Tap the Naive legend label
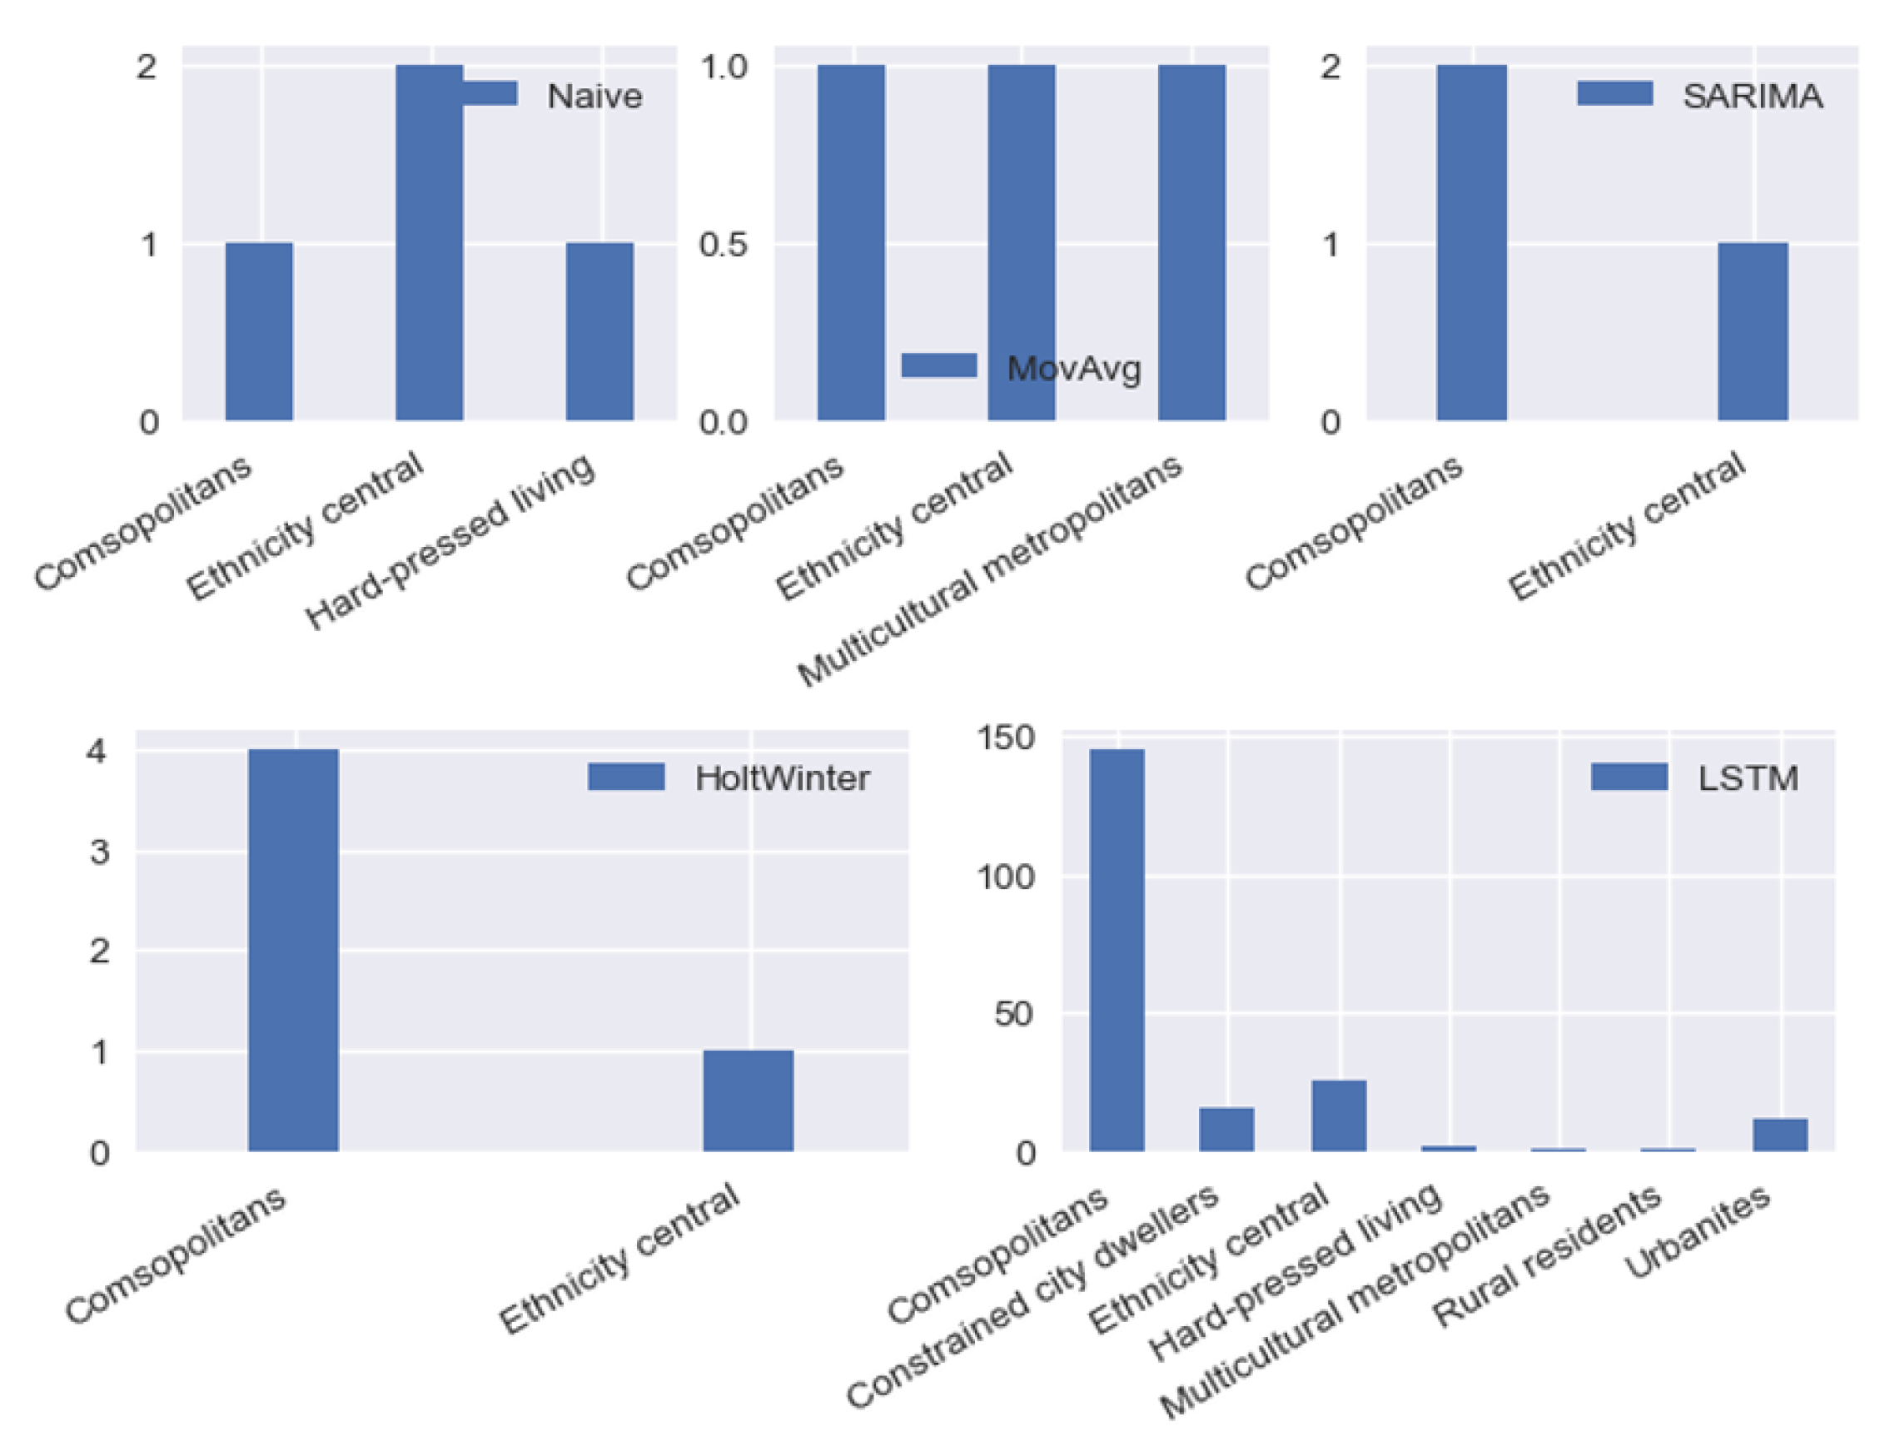(x=594, y=96)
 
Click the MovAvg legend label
(x=1073, y=370)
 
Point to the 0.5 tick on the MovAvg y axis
(x=722, y=245)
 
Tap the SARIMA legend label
(x=1753, y=96)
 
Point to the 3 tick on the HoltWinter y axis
(x=99, y=852)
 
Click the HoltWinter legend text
(x=782, y=778)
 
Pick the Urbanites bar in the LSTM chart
(x=1780, y=1135)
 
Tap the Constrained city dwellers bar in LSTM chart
(x=1226, y=1130)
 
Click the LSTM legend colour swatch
(x=1629, y=777)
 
